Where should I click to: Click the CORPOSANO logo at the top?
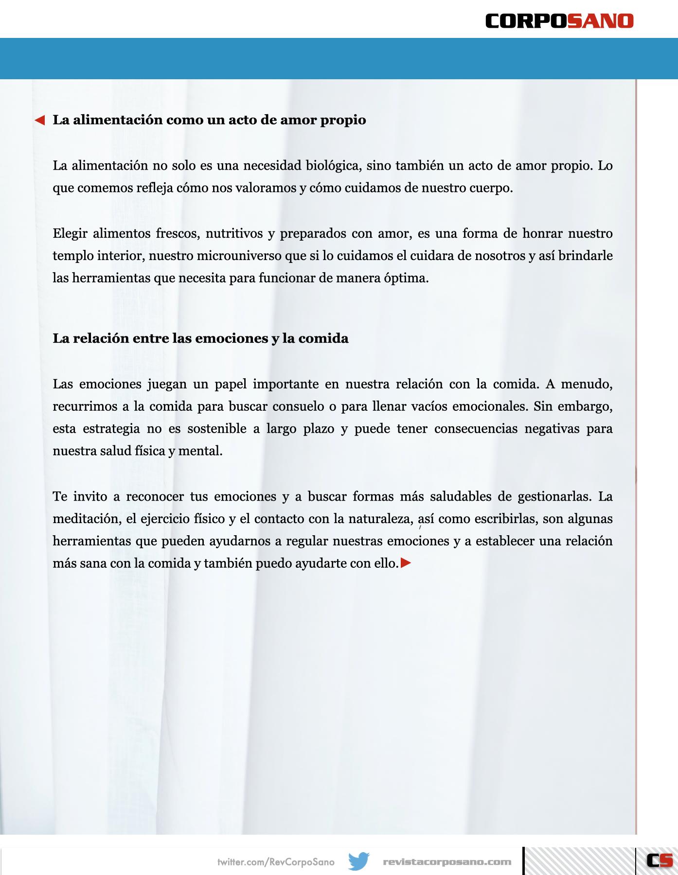point(559,21)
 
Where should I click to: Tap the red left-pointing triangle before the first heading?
point(40,120)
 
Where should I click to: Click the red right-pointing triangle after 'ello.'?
point(406,563)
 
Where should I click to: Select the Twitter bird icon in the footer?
point(359,861)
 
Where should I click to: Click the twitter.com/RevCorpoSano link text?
point(276,862)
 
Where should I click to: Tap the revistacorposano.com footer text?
point(447,862)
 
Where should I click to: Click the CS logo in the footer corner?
point(659,860)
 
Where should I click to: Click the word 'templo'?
point(73,256)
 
